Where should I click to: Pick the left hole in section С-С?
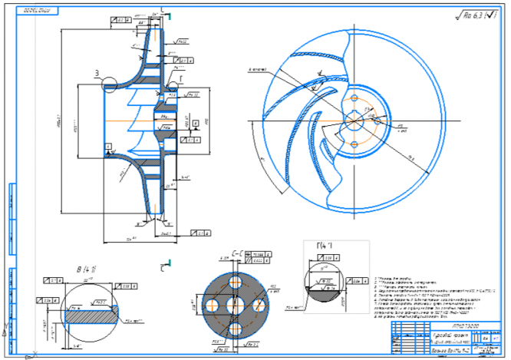point(213,302)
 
